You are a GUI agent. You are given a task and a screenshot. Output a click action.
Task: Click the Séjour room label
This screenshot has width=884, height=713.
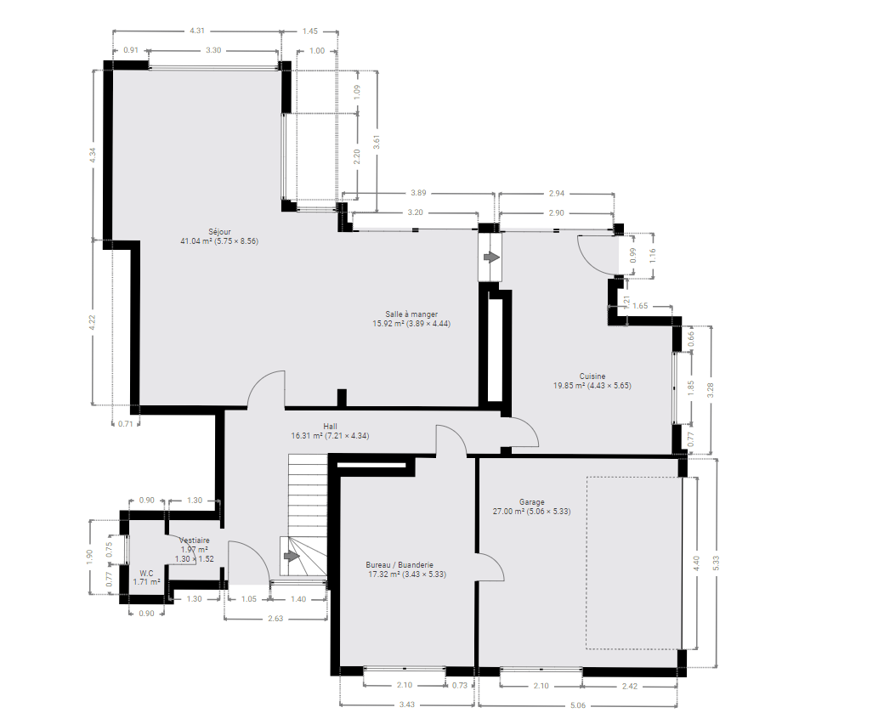click(220, 232)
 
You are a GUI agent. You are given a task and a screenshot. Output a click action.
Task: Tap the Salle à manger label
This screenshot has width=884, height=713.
click(411, 314)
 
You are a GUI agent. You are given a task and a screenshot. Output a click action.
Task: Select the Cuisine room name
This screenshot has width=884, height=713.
click(592, 376)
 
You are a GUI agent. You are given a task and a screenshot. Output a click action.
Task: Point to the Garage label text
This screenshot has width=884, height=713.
click(531, 501)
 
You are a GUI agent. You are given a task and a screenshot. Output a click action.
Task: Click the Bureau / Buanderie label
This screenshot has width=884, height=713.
click(399, 565)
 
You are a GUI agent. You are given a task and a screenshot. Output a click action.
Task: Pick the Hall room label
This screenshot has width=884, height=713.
click(331, 426)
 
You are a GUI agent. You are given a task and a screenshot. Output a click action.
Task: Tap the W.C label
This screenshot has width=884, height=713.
click(146, 574)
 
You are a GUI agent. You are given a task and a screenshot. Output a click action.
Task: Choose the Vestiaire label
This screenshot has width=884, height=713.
click(195, 540)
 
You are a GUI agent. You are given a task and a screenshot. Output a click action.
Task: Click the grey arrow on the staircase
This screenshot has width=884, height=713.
click(291, 557)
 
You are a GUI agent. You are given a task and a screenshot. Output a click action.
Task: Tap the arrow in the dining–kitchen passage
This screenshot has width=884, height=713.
click(491, 257)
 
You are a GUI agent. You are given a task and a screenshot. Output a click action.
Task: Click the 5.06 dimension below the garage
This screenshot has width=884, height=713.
click(578, 705)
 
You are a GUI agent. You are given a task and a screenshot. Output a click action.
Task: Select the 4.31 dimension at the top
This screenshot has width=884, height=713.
click(197, 31)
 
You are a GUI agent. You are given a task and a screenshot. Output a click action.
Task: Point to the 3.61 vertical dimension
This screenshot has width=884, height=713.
click(377, 141)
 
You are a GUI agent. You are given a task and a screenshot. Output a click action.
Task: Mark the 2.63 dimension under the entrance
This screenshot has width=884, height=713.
click(275, 619)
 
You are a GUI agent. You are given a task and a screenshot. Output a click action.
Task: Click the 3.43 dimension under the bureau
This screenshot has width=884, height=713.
click(407, 705)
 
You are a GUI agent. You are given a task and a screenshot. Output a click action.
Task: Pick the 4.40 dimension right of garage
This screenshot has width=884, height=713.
click(696, 563)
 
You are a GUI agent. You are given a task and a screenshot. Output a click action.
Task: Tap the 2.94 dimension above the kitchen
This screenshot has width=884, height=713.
click(557, 193)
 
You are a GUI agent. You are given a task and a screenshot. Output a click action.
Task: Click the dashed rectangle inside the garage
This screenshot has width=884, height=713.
click(586, 563)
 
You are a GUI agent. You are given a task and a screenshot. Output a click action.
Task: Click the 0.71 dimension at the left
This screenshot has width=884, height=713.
click(125, 424)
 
